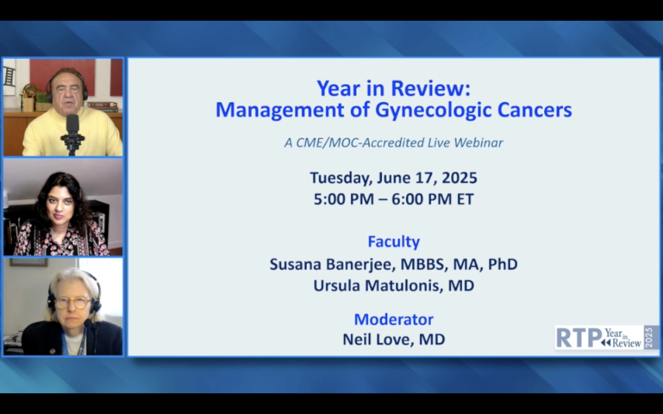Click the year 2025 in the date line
[x=459, y=178]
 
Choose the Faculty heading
[x=394, y=242]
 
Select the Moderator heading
[x=394, y=319]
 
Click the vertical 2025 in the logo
[x=649, y=337]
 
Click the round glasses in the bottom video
[x=72, y=303]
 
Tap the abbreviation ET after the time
[x=465, y=199]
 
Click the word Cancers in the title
[x=535, y=110]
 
